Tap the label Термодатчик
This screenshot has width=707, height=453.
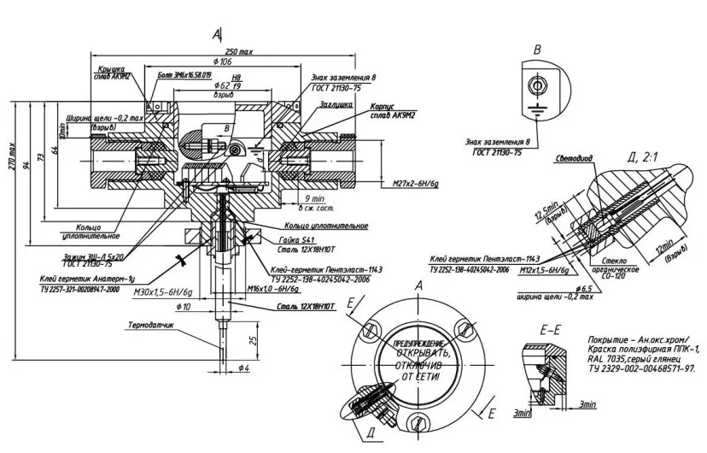[151, 326]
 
